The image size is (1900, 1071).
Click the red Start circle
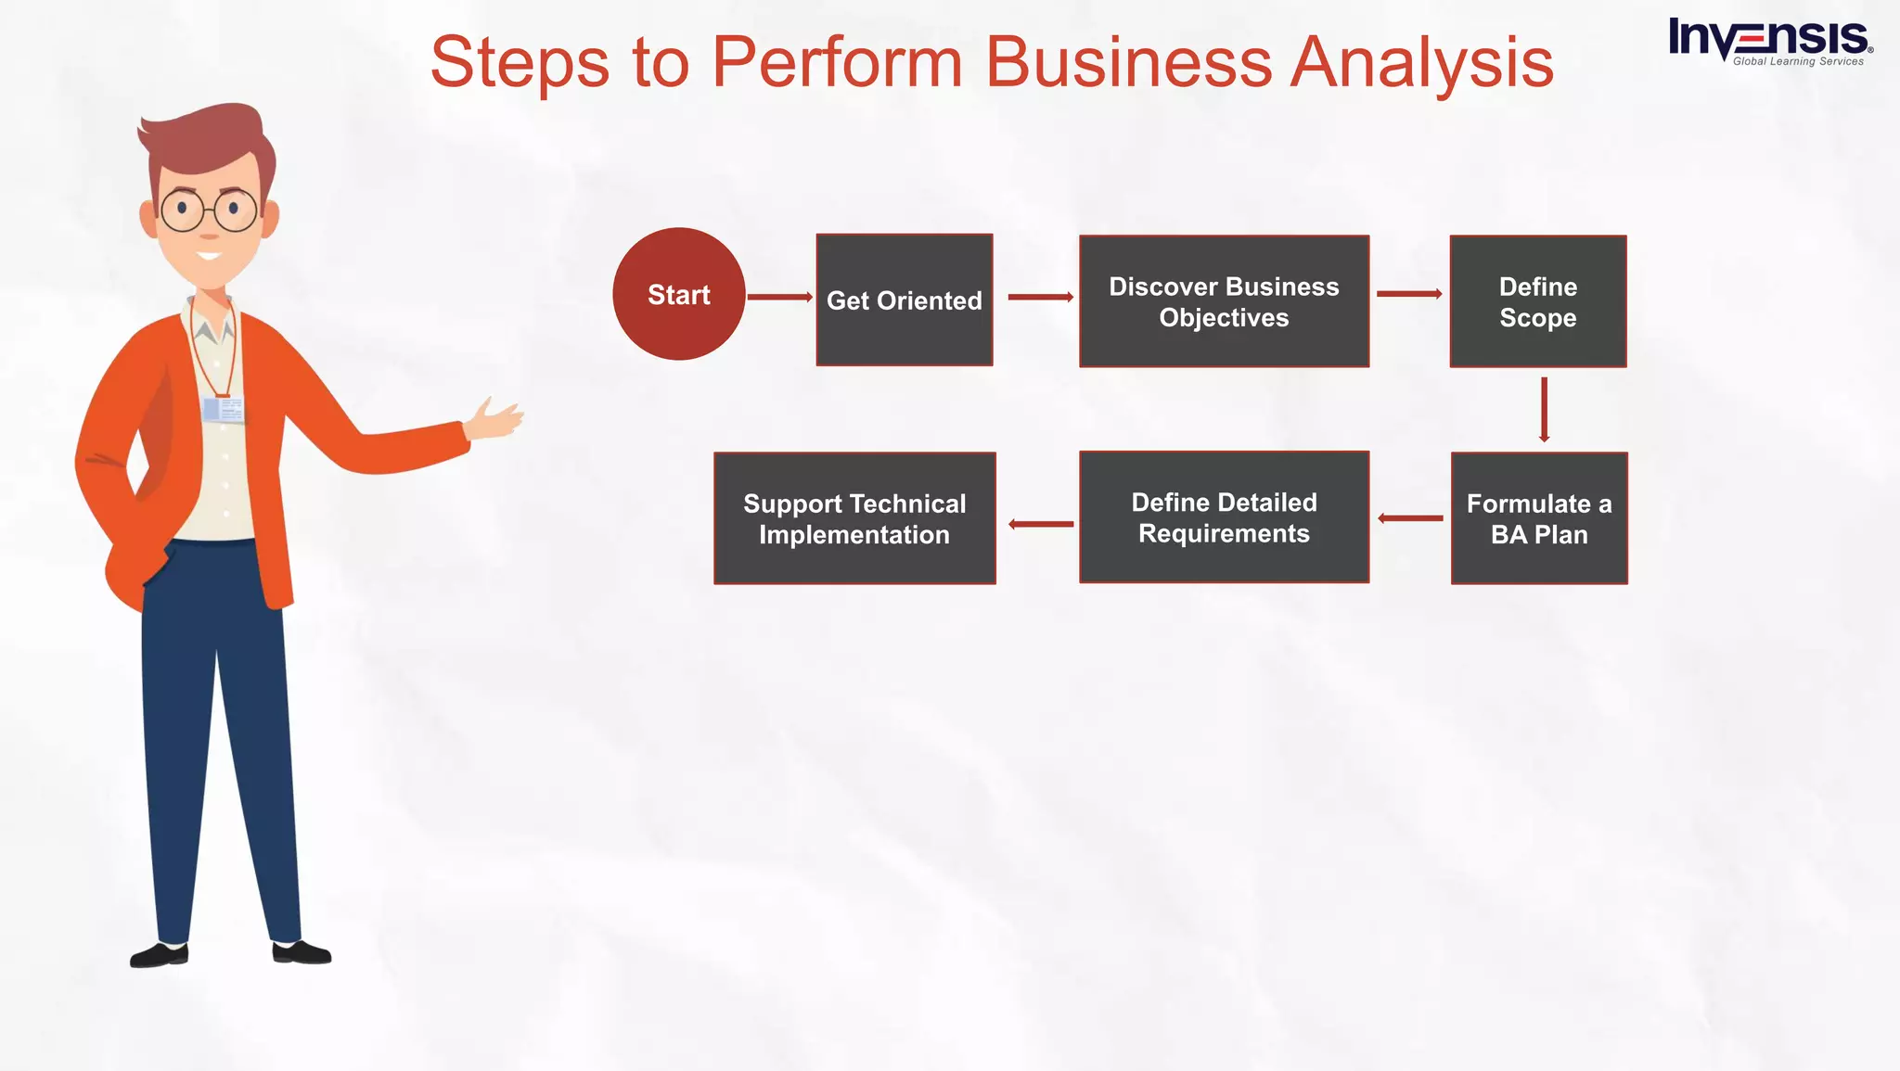click(x=678, y=294)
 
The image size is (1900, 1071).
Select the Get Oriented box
click(x=904, y=300)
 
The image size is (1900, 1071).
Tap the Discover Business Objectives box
click(x=1224, y=301)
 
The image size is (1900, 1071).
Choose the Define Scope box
click(x=1537, y=301)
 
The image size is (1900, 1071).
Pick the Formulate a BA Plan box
click(x=1539, y=518)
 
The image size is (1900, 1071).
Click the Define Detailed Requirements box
click(x=1224, y=517)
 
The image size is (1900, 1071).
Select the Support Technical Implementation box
click(x=854, y=518)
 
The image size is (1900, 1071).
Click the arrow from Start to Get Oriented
click(x=779, y=297)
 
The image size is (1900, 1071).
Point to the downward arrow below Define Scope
click(x=1544, y=409)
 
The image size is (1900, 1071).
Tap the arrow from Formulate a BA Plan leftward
click(x=1410, y=518)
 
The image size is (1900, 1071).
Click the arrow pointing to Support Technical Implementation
click(x=1041, y=524)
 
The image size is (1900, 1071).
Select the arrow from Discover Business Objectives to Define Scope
click(x=1409, y=294)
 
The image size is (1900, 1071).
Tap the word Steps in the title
click(x=520, y=63)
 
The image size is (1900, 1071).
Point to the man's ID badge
click(x=223, y=409)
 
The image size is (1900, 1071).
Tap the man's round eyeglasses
click(x=209, y=210)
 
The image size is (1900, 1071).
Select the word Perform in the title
click(x=837, y=63)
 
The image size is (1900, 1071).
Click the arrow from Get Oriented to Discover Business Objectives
click(x=1040, y=297)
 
